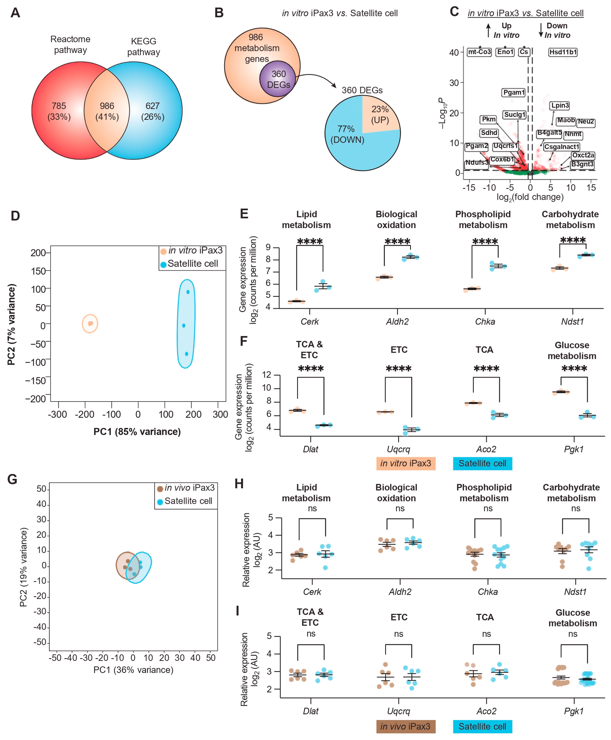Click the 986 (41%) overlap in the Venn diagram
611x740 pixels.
click(x=107, y=111)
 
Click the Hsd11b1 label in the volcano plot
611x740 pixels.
click(x=563, y=52)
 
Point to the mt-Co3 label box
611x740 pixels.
click(x=479, y=52)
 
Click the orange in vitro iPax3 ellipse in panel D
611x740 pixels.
click(x=90, y=323)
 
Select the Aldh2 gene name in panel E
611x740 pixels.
click(x=397, y=322)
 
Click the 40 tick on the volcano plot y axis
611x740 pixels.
click(x=454, y=52)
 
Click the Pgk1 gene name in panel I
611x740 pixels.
click(x=574, y=711)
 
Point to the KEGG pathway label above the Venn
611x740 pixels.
click(x=144, y=46)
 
